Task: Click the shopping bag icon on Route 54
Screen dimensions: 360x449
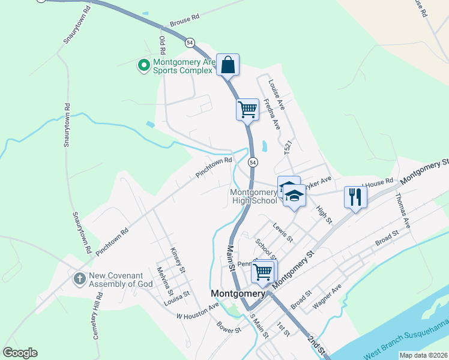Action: click(x=228, y=64)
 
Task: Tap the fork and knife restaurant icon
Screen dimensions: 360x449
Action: click(x=355, y=196)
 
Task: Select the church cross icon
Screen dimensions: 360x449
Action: click(x=79, y=279)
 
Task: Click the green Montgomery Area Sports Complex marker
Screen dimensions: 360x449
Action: click(x=143, y=65)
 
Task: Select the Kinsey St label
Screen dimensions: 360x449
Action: click(x=175, y=258)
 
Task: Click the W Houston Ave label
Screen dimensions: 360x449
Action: click(x=197, y=311)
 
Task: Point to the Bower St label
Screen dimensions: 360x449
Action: click(x=229, y=329)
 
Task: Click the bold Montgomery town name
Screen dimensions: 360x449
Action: click(x=238, y=294)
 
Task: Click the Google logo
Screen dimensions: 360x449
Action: click(x=20, y=353)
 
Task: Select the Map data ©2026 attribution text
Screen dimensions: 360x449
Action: click(x=423, y=355)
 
